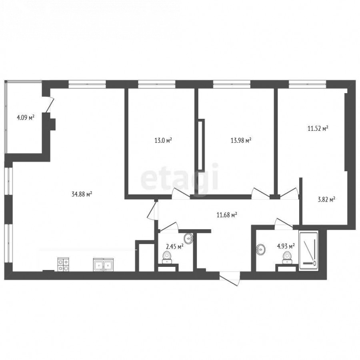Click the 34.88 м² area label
coord(82,194)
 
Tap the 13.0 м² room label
coord(163,140)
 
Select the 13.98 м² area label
coord(241,140)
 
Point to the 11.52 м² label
coord(318,128)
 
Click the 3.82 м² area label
coord(326,199)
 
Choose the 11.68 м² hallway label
coord(227,215)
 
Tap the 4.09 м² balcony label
coord(26,118)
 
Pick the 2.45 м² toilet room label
coord(174,247)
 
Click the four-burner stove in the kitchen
coord(63,265)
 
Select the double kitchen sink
coord(103,265)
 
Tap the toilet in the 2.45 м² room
coord(167,257)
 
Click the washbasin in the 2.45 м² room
coord(188,238)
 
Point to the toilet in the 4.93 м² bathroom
coord(286,258)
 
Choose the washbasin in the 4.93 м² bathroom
coord(260,249)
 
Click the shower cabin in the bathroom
coord(308,251)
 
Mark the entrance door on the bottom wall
coord(230,279)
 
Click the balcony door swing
coord(50,104)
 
